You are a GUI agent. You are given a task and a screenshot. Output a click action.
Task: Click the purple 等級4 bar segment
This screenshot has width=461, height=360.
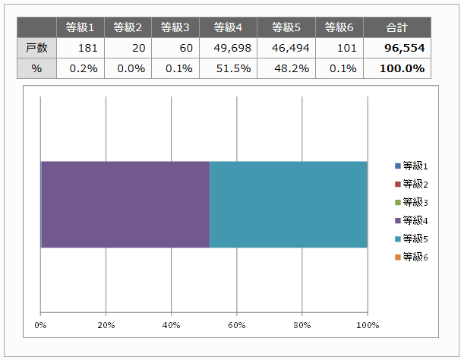coord(125,204)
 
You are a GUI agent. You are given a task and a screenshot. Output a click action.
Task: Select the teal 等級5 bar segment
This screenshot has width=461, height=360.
coord(288,204)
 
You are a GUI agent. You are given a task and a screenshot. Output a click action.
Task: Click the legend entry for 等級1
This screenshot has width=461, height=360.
coord(412,166)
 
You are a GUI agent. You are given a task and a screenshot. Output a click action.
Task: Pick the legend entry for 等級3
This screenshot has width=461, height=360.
coord(412,202)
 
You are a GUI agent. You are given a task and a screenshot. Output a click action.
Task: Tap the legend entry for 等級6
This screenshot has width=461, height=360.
coord(412,257)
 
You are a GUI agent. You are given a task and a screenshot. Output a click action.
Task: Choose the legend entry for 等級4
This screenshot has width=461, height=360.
coord(412,220)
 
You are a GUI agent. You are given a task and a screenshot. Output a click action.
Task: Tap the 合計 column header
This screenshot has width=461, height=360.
coord(396,28)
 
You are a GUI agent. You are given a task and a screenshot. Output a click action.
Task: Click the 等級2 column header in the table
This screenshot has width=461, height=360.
coord(128,28)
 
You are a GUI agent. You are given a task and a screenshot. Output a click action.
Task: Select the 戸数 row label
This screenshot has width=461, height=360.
coord(37,48)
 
